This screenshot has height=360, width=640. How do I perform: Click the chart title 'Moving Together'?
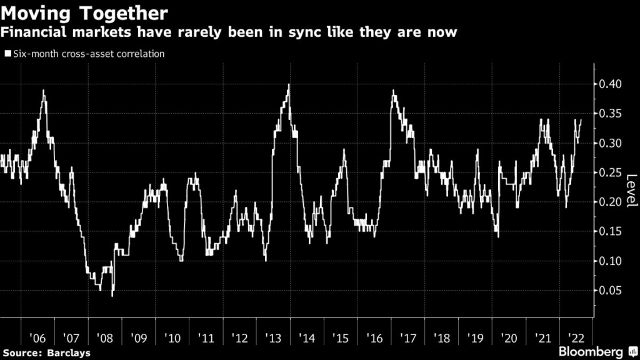(84, 13)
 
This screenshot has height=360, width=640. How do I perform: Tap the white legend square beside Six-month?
(7, 54)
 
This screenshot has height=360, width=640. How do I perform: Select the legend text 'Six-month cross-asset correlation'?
(89, 54)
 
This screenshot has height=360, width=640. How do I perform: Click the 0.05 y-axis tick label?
(610, 290)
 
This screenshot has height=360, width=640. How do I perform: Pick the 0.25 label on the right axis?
(610, 172)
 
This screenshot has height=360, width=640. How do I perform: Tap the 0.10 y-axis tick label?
(610, 261)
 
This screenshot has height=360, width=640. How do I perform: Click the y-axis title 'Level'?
(632, 191)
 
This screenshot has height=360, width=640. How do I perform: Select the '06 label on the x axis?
(37, 338)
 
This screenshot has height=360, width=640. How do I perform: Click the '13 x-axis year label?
(273, 338)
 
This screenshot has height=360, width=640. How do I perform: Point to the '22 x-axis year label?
(576, 338)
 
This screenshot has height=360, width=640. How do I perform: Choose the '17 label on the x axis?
(407, 338)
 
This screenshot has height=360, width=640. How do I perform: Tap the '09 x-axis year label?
(138, 338)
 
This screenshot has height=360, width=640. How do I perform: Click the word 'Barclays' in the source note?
(69, 353)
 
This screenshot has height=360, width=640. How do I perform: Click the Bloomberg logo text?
(591, 351)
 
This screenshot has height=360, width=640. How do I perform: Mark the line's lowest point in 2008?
(112, 296)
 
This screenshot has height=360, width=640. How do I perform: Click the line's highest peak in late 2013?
(289, 84)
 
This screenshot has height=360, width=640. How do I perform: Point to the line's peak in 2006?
(43, 90)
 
